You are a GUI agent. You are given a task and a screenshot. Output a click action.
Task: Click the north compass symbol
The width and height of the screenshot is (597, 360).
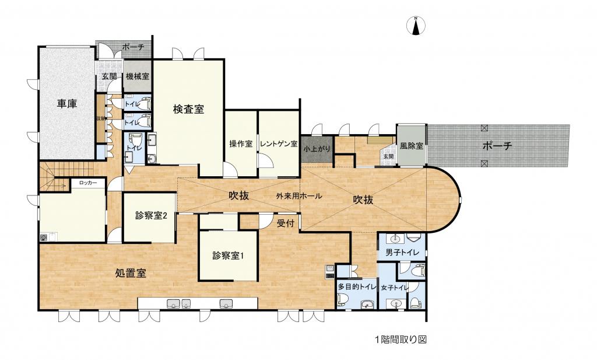pos(416,27)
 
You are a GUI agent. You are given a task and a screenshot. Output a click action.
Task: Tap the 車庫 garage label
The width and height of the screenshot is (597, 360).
pos(68,104)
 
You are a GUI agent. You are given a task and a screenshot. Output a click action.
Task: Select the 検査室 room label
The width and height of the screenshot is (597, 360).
pos(188,109)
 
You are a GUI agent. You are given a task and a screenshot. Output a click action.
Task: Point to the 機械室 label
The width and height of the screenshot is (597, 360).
pos(137,76)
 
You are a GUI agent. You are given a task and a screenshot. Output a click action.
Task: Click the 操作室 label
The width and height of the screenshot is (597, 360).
pos(241,144)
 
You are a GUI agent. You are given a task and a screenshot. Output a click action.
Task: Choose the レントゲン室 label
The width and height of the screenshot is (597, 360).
pos(279,144)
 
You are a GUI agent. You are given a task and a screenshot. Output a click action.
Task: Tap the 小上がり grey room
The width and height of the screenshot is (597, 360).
pos(317,150)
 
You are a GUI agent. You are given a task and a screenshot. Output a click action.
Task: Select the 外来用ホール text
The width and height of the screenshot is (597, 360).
pos(299,196)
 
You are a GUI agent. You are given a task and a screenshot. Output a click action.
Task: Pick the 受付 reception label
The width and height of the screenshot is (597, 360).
pos(286,223)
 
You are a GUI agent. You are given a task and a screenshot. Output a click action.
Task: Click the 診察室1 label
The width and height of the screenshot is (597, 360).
pos(227,255)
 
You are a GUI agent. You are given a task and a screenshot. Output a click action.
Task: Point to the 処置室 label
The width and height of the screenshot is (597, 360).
pos(130,272)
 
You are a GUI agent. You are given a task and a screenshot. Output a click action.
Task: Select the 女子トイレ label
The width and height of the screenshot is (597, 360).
pos(394,288)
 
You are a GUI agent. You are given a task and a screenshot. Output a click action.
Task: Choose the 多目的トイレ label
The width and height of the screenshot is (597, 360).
pos(356,288)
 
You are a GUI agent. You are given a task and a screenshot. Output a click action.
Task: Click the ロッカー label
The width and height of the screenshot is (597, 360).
pos(89,183)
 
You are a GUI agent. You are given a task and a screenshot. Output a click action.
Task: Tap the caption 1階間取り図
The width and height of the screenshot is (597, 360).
pos(401,338)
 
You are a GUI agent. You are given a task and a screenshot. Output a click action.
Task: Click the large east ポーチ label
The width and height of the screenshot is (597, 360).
pos(497,146)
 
